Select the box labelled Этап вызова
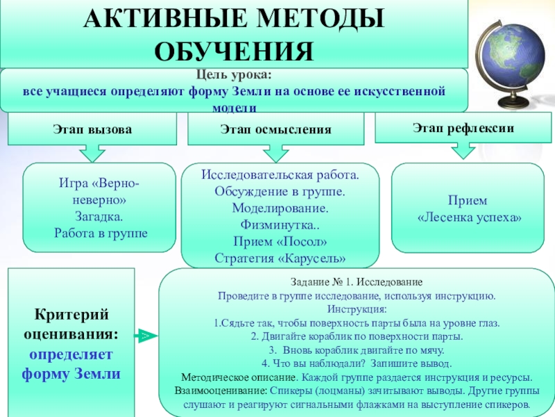[x=92, y=129]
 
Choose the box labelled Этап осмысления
[x=275, y=129]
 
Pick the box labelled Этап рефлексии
[x=463, y=127]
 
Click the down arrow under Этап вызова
[x=92, y=152]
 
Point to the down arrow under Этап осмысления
[x=275, y=153]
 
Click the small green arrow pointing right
[x=145, y=336]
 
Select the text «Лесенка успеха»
[x=468, y=218]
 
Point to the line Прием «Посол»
[x=280, y=242]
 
